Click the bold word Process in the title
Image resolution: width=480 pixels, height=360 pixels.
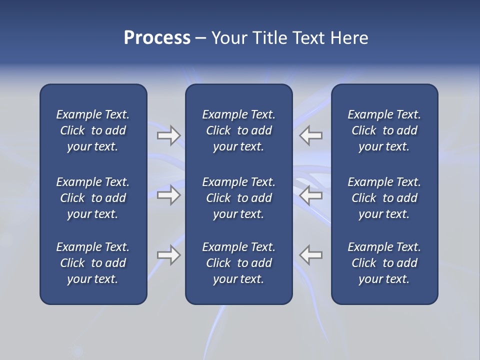pos(157,38)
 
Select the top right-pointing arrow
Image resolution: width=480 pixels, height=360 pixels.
pos(168,135)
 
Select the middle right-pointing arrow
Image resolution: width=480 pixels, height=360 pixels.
pos(168,195)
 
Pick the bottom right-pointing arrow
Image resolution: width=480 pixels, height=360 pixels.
pos(168,255)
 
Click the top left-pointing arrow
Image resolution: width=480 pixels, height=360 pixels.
pos(311,135)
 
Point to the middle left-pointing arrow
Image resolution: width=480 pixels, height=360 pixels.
pos(311,195)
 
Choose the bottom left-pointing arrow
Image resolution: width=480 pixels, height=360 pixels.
pos(311,255)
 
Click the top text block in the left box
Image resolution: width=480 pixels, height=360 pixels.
pos(93,130)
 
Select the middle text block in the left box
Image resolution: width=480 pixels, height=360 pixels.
pos(93,198)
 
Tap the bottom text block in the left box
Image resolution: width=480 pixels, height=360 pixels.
pos(93,263)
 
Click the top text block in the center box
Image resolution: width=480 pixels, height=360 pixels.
pos(238,130)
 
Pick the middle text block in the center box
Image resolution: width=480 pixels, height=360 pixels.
pos(238,198)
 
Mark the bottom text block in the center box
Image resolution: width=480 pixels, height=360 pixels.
pos(238,263)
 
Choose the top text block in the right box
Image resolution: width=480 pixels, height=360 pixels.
pos(384,130)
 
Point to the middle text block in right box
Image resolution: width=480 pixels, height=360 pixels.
pos(384,198)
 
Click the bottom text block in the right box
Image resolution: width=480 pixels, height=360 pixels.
pos(384,263)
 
